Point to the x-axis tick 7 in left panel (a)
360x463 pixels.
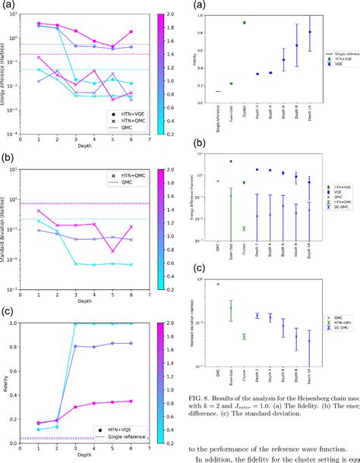[x=150, y=140]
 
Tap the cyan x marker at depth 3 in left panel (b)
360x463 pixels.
[x=76, y=263]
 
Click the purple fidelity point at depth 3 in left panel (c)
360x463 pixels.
[x=76, y=347]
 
